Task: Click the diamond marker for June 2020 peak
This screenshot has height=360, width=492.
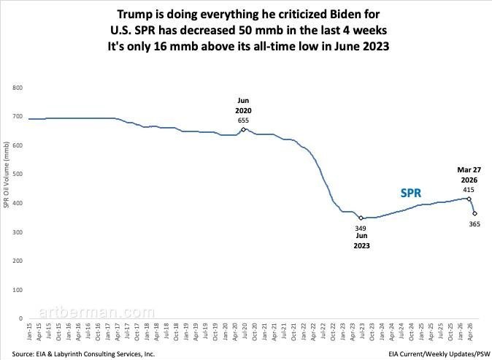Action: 243,129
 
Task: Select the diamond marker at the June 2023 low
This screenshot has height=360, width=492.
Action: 361,218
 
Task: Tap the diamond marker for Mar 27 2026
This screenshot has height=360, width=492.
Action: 469,199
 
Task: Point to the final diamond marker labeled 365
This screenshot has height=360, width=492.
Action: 474,213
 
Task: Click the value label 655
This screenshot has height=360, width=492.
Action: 243,120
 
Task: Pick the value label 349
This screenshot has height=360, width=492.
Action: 361,228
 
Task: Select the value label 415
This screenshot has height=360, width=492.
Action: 469,190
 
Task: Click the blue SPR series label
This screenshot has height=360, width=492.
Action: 411,193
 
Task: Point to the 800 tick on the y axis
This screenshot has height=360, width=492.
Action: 18,88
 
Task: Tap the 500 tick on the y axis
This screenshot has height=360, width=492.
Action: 18,175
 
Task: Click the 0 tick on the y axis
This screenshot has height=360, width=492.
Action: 20,318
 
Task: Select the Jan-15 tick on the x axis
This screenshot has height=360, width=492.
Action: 29,332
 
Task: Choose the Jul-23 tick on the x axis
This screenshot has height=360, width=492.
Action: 362,332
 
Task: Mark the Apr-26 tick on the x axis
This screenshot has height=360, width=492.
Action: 469,332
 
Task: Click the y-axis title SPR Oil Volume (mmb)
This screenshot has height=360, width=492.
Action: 7,175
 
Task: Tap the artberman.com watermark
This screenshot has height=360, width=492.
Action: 96,313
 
